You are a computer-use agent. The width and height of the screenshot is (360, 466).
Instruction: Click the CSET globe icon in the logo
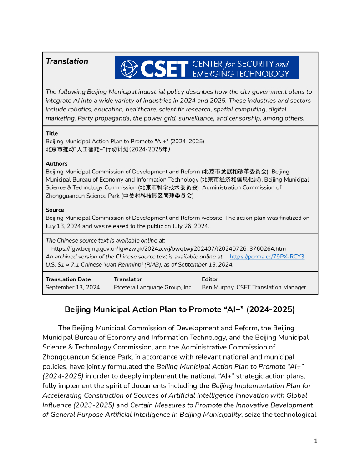129,68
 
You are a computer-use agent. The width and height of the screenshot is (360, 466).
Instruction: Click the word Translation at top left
67,61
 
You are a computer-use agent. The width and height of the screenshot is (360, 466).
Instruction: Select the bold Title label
51,133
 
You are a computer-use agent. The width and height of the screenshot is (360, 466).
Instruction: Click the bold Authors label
56,163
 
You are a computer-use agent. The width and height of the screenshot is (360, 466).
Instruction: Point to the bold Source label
55,210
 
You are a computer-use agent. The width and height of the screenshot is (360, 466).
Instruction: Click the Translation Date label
68,279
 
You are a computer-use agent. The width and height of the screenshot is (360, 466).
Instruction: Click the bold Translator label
127,279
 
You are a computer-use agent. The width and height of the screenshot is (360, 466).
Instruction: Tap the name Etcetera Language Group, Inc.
153,287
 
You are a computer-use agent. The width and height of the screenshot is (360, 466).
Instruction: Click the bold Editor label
210,279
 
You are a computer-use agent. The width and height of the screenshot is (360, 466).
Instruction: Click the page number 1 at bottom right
316,441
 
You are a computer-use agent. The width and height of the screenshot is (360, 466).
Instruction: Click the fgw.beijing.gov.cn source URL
168,248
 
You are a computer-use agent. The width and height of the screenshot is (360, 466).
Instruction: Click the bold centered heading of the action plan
180,309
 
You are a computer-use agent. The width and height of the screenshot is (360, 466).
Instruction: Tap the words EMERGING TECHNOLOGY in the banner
241,73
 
